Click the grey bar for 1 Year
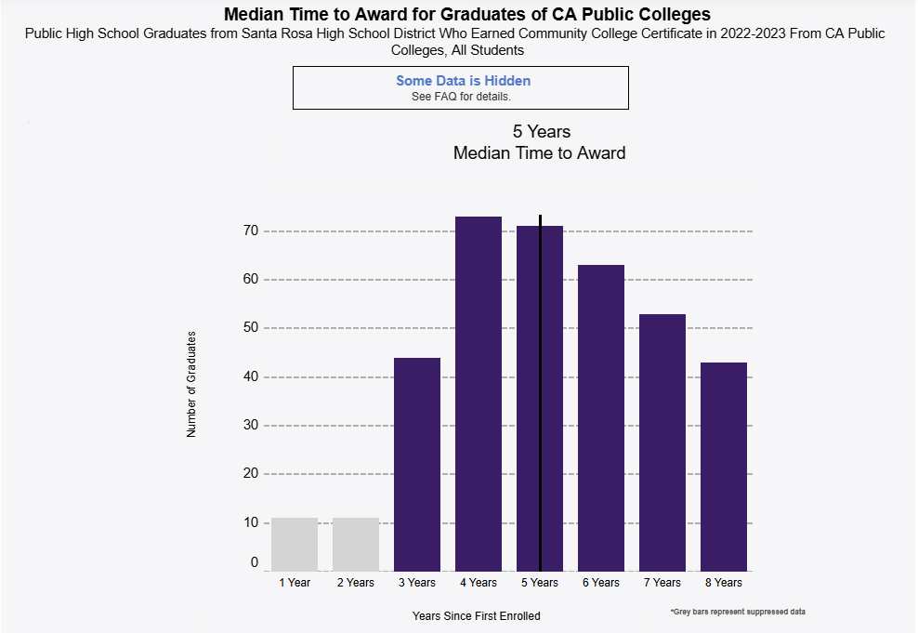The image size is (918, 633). click(x=295, y=544)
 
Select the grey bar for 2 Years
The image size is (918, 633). click(x=356, y=544)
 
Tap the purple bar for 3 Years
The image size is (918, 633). click(x=417, y=464)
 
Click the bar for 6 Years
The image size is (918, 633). click(x=601, y=417)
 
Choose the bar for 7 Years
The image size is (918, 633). click(x=662, y=442)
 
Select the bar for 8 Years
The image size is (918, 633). click(x=724, y=466)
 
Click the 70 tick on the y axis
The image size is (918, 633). click(x=250, y=231)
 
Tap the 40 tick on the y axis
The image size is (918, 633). click(x=250, y=376)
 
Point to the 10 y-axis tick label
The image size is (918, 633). click(x=250, y=522)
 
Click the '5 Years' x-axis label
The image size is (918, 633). click(x=540, y=583)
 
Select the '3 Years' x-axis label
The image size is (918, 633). click(x=417, y=583)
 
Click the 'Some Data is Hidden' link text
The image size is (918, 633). click(x=463, y=81)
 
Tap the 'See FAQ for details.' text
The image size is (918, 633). click(x=461, y=97)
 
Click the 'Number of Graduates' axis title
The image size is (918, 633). click(x=191, y=383)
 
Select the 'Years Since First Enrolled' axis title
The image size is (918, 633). click(x=476, y=615)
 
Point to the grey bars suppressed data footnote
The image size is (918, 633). click(x=737, y=612)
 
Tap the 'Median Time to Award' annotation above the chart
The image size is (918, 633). click(x=539, y=152)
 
